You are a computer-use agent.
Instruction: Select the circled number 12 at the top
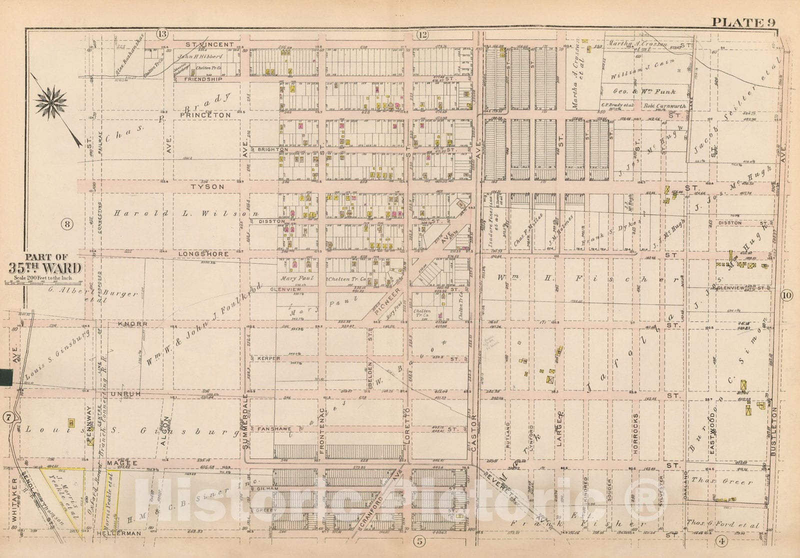point(422,34)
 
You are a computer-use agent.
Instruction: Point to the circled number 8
point(66,223)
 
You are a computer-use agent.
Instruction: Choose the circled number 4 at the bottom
point(721,540)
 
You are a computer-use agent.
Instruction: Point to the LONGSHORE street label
point(203,254)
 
